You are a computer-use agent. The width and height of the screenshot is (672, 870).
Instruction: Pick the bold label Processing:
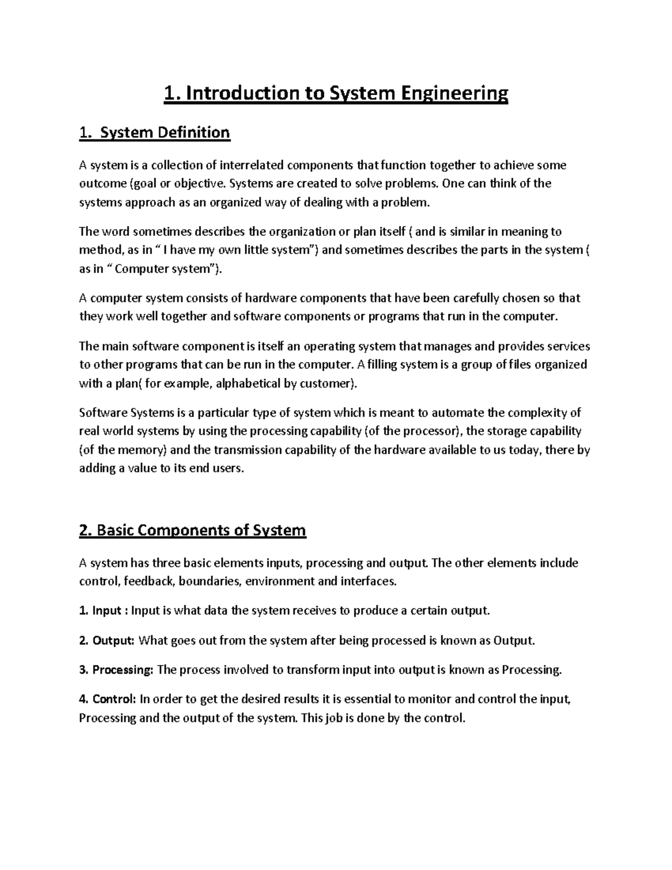122,669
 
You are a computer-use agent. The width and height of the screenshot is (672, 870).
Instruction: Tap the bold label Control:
114,699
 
